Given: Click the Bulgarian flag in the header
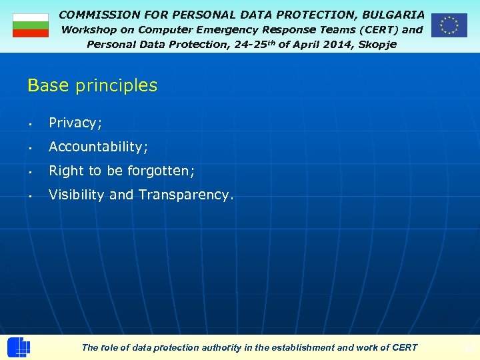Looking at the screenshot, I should (x=31, y=25).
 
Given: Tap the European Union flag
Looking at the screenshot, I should (x=449, y=25).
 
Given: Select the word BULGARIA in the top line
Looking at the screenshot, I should (x=393, y=14).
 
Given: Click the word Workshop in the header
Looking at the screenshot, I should (x=89, y=30).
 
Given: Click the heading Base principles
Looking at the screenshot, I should (x=92, y=85).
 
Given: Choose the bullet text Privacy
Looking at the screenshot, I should (x=75, y=123).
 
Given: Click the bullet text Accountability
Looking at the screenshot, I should (x=98, y=147).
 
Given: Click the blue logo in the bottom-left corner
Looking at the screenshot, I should (x=18, y=347).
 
